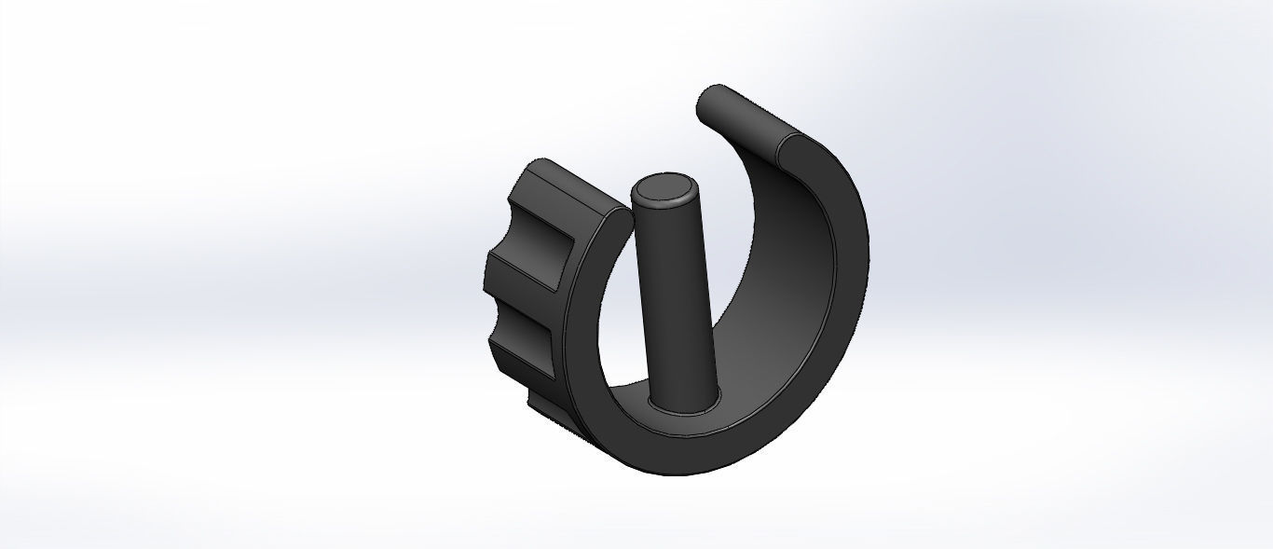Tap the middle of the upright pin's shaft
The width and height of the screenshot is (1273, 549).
click(x=673, y=298)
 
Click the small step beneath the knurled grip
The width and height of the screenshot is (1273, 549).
click(x=544, y=410)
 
